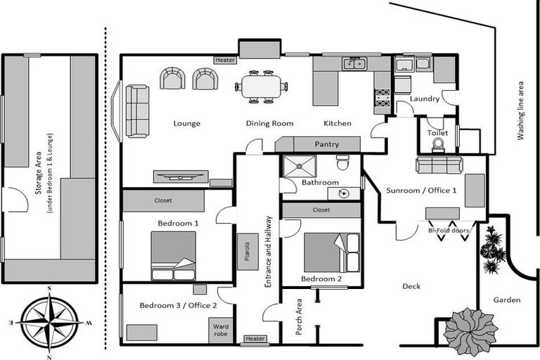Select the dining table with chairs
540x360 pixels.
coord(261,88)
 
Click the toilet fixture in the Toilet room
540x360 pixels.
coord(438,144)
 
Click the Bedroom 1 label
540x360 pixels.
coord(178,223)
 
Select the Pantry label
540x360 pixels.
coord(327,144)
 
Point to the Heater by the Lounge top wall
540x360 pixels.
coord(226,60)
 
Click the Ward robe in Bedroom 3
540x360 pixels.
coord(219,330)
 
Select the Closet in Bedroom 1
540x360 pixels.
coord(163,200)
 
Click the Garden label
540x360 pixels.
coord(506,300)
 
